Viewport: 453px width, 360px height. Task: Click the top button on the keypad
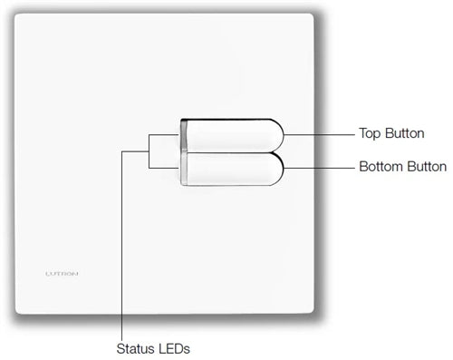(x=231, y=133)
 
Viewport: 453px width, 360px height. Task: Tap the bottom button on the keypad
(x=231, y=169)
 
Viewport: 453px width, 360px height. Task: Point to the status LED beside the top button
(x=184, y=134)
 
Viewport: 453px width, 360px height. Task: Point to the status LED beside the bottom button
(x=184, y=169)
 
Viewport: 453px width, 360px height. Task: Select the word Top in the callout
(x=371, y=133)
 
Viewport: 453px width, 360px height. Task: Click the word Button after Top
(x=405, y=133)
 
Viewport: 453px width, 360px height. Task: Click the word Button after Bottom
(x=426, y=167)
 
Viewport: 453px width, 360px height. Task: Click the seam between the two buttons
(x=231, y=151)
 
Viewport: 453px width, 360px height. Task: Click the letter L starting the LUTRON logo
(x=46, y=272)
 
